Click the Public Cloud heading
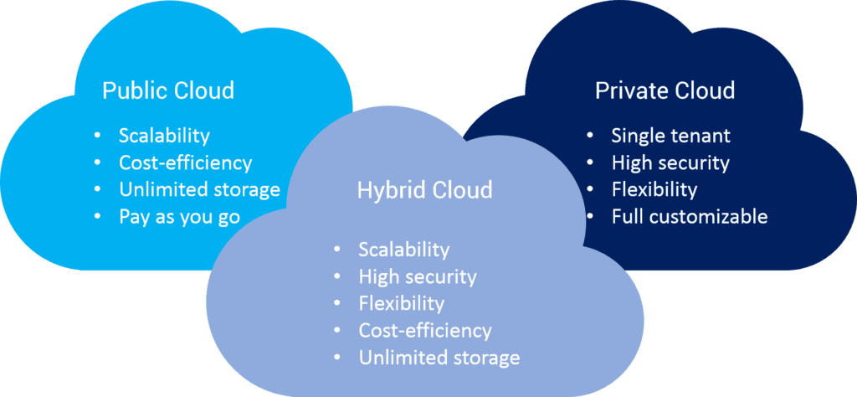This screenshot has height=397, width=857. (167, 90)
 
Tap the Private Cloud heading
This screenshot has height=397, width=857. (665, 90)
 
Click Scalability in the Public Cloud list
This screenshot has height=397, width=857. (164, 136)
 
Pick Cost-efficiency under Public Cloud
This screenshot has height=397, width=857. (185, 162)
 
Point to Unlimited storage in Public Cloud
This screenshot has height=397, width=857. (199, 189)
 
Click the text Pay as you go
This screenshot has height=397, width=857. (179, 217)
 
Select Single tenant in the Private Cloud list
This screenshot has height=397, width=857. (670, 136)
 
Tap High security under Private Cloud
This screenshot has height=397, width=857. (670, 162)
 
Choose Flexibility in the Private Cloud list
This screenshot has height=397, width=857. (654, 189)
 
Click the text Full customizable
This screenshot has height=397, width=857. (689, 217)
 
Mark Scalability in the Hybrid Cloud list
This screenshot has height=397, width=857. (404, 250)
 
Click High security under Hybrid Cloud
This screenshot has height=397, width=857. (417, 276)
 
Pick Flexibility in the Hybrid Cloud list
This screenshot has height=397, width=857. (401, 303)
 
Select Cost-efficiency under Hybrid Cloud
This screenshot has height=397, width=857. (425, 330)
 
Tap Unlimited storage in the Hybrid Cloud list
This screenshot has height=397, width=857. (439, 358)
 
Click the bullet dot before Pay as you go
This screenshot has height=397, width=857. (100, 218)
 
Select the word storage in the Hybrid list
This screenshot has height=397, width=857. (484, 358)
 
